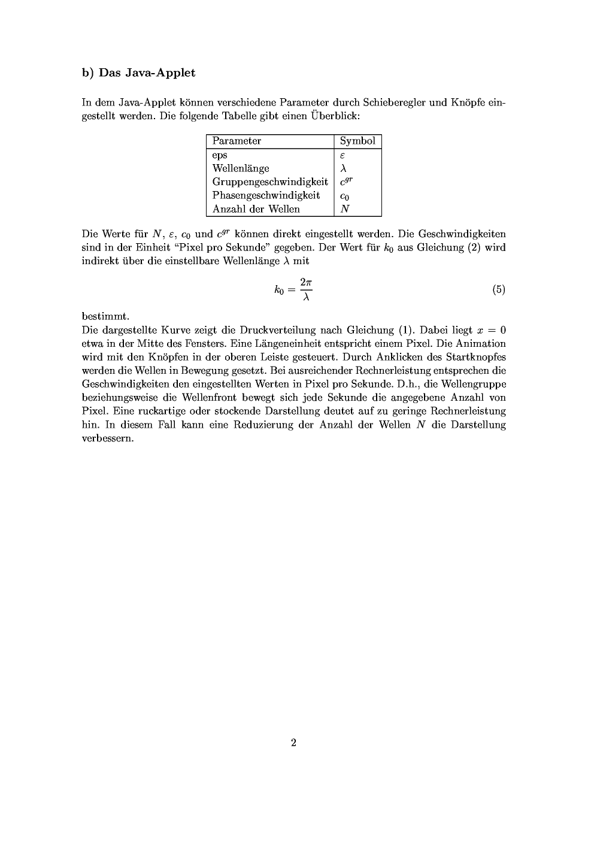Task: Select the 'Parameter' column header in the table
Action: pos(237,141)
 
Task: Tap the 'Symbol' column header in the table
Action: pos(357,141)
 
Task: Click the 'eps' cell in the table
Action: pos(220,155)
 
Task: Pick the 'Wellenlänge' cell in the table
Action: pos(241,168)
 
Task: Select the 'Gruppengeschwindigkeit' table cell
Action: pos(270,181)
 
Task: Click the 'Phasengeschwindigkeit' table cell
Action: pos(266,195)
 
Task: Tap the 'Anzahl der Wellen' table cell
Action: pos(256,209)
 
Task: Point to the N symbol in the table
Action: pos(344,209)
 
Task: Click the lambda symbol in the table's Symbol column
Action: pos(343,168)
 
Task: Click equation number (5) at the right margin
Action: pos(499,290)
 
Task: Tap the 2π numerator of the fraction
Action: pos(306,282)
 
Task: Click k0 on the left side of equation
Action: pos(278,291)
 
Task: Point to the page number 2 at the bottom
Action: pos(293,743)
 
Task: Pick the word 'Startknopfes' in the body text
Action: pos(476,357)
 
